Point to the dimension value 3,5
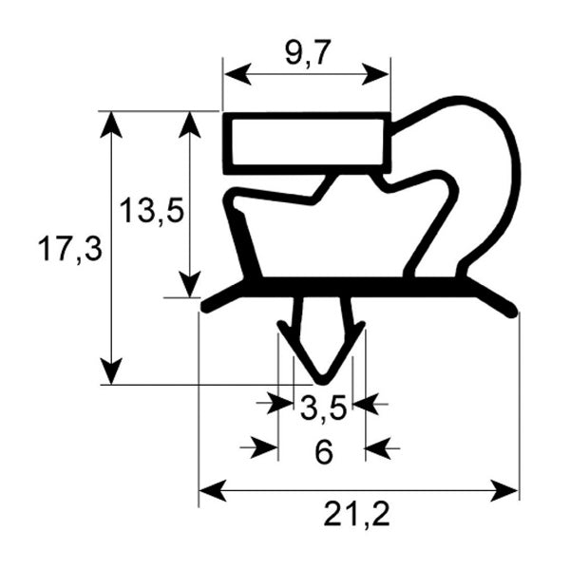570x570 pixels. tap(322, 410)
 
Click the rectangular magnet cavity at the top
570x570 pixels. tap(307, 142)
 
